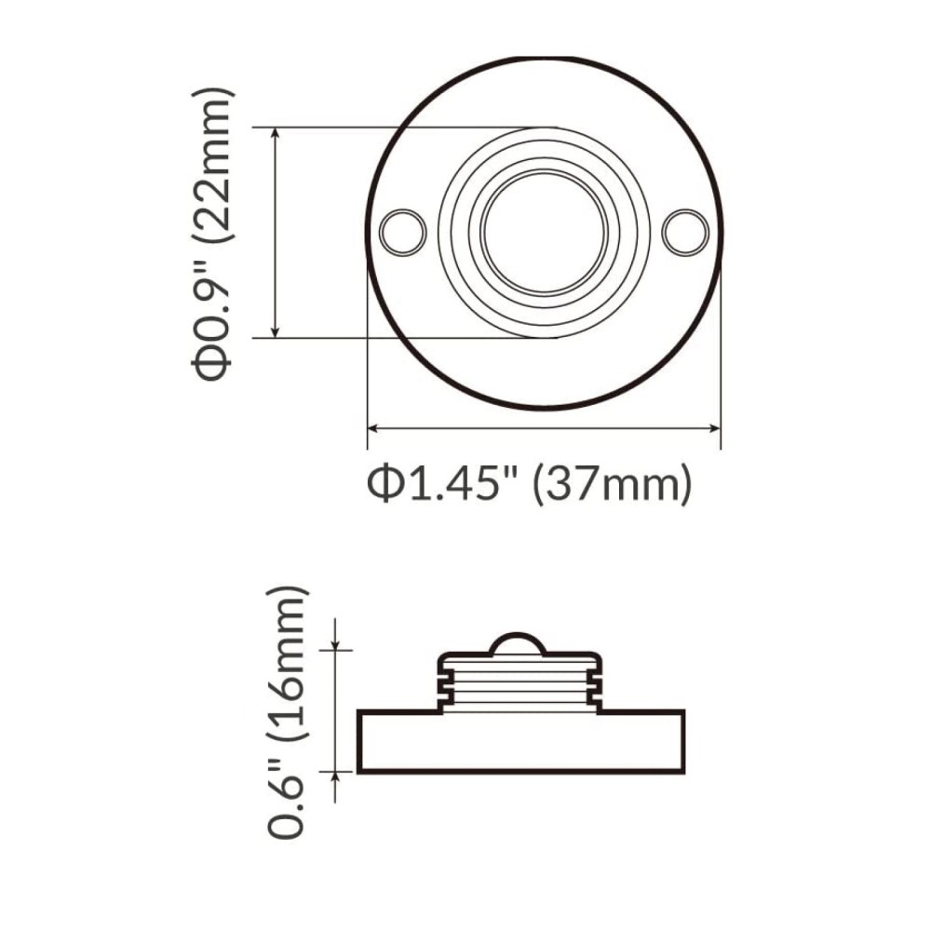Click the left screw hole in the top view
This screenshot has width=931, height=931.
[x=403, y=231]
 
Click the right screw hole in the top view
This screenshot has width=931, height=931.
[x=686, y=231]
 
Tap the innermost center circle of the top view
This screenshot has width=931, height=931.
[x=545, y=231]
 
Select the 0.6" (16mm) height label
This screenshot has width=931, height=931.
[x=286, y=712]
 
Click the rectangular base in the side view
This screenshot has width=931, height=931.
[x=521, y=742]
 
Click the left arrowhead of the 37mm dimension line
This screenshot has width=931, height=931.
[x=373, y=428]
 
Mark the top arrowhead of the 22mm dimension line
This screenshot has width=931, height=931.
[x=276, y=134]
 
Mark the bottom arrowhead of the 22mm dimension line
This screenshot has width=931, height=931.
[x=276, y=331]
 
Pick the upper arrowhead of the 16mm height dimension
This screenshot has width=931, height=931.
[x=336, y=644]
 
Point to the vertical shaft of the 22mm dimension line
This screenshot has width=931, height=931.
[x=276, y=233]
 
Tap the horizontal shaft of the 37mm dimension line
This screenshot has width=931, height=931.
[x=545, y=428]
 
